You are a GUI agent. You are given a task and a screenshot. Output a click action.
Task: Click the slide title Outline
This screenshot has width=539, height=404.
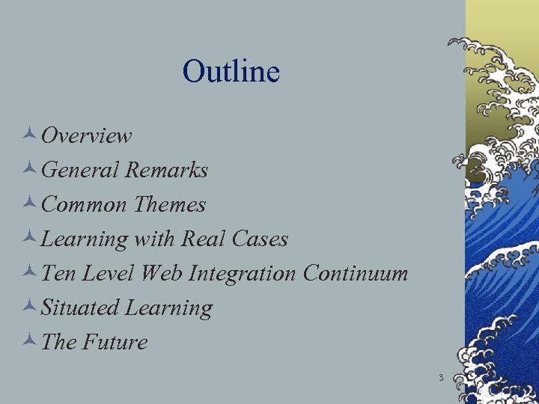click(x=231, y=72)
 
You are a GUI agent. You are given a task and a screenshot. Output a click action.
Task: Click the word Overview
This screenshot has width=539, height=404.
click(x=87, y=136)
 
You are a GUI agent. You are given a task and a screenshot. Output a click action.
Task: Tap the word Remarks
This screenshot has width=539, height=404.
click(x=166, y=171)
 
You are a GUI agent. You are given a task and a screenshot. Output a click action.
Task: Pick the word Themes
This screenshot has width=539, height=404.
click(x=169, y=204)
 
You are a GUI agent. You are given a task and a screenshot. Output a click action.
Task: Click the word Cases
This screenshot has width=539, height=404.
click(x=259, y=239)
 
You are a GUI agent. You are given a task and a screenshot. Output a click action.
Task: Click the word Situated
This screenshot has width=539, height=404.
click(x=80, y=307)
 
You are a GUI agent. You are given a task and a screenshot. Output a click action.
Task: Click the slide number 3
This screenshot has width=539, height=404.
click(x=441, y=378)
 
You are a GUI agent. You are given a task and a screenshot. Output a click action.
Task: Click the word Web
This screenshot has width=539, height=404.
click(x=165, y=273)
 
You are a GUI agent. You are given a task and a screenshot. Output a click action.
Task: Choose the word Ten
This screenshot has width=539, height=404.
click(x=58, y=273)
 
